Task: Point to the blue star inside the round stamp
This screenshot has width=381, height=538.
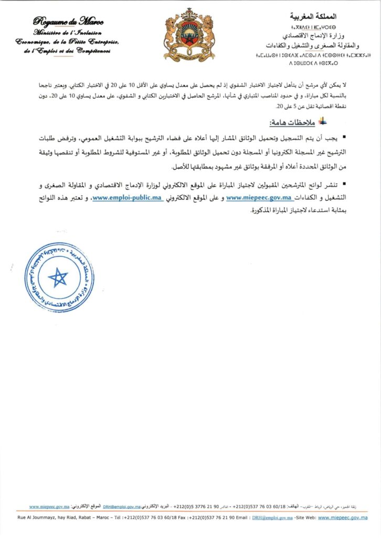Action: coord(58,277)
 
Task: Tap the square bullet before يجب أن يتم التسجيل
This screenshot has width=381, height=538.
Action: coord(344,137)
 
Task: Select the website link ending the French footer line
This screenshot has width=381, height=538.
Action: coord(342,518)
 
